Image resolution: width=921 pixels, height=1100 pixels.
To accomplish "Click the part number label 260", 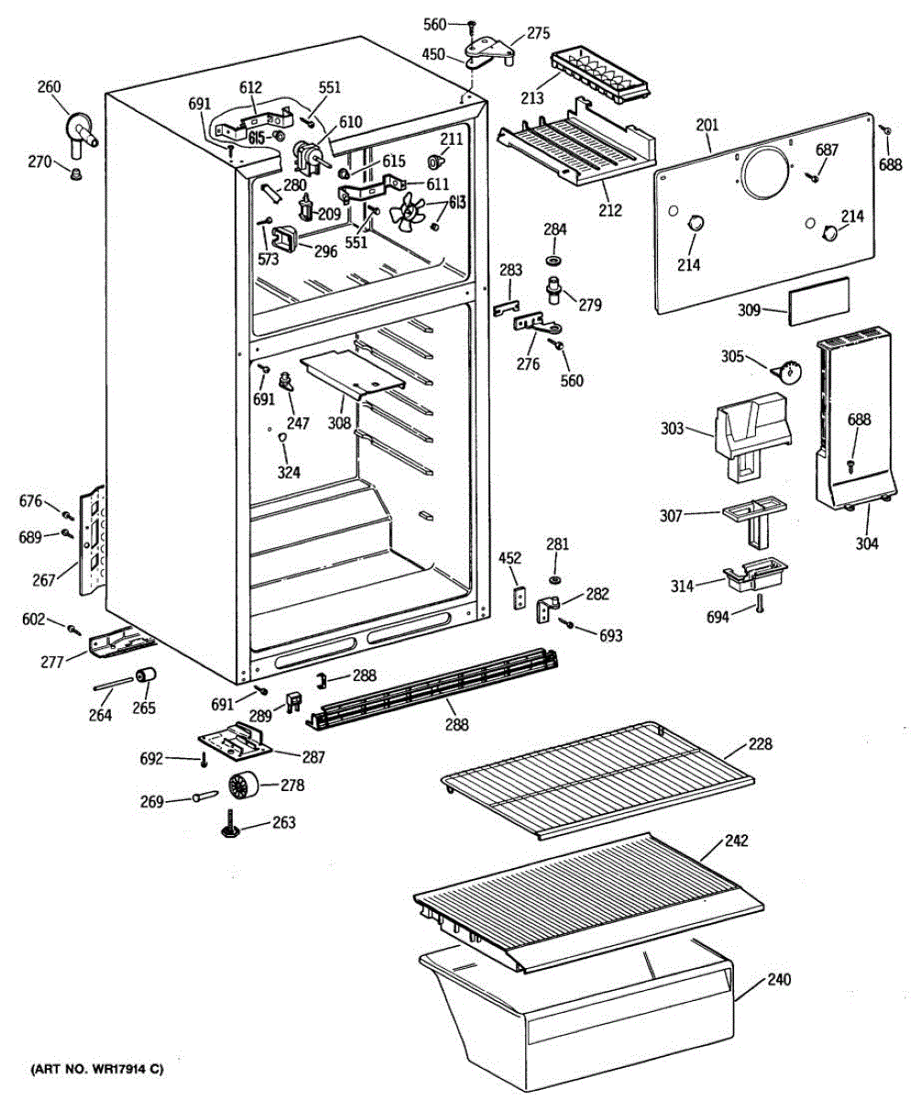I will pyautogui.click(x=49, y=88).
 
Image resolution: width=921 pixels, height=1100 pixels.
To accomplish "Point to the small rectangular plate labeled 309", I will pyautogui.click(x=818, y=298).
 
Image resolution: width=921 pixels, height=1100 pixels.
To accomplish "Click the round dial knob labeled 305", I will pyautogui.click(x=787, y=370).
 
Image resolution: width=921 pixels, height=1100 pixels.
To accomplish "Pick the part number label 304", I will pyautogui.click(x=867, y=544).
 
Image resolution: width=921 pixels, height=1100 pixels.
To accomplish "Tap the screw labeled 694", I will pyautogui.click(x=760, y=604).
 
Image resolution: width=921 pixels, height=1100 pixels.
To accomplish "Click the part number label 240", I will pyautogui.click(x=778, y=979).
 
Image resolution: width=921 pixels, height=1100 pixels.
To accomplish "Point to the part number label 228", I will pyautogui.click(x=760, y=744).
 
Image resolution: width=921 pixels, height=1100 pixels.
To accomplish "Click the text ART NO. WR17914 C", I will pyautogui.click(x=97, y=1070).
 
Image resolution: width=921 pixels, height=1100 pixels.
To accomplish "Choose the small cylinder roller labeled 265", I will pyautogui.click(x=144, y=677).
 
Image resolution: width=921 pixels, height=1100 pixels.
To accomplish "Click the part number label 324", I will pyautogui.click(x=289, y=473).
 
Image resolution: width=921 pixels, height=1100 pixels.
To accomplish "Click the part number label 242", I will pyautogui.click(x=736, y=841).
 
